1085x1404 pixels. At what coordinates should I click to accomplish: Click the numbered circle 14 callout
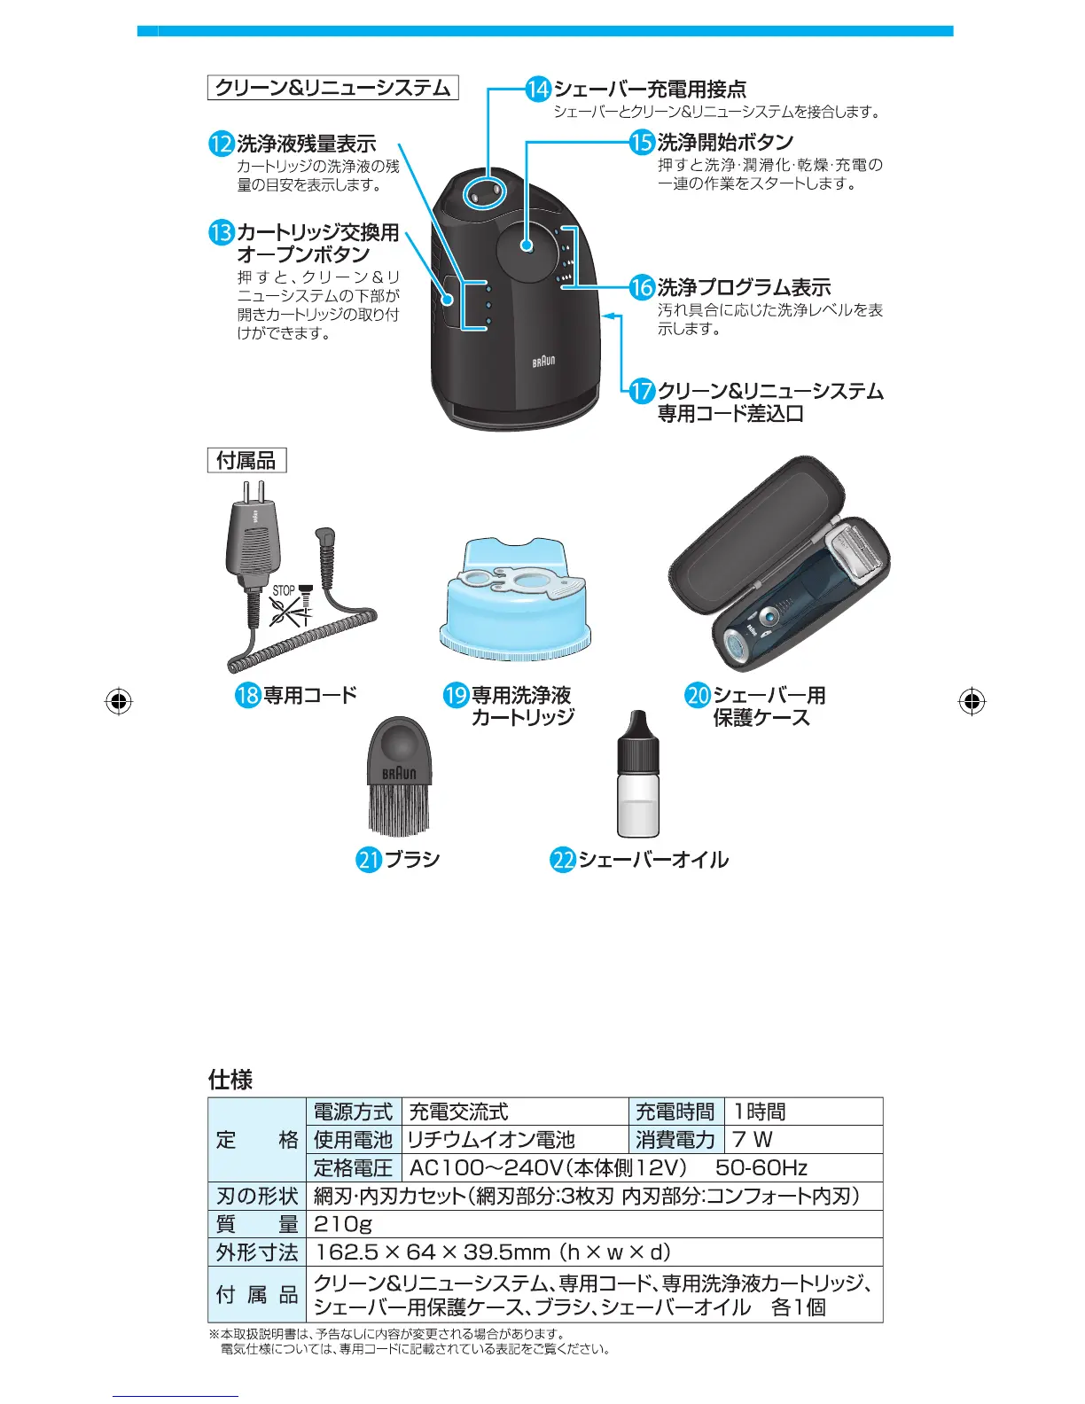[538, 90]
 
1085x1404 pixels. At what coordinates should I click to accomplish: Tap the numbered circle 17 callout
[642, 391]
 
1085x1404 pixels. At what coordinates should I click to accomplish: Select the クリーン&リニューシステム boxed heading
[333, 88]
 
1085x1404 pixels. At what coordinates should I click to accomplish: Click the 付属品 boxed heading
[246, 461]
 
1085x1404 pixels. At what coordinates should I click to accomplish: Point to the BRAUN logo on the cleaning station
[543, 362]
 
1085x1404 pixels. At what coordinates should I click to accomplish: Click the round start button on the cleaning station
[526, 246]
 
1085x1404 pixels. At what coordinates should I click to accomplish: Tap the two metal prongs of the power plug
[254, 492]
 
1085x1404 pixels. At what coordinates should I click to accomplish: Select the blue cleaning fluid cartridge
[515, 603]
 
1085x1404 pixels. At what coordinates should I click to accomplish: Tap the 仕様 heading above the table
[230, 1080]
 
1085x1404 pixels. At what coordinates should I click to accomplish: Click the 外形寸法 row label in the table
[257, 1252]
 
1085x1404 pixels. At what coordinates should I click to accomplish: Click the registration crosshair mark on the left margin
[118, 701]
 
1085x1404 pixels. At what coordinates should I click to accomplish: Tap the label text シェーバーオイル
[653, 860]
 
